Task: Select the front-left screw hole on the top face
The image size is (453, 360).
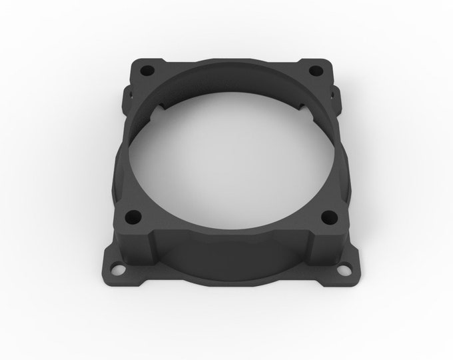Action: (133, 216)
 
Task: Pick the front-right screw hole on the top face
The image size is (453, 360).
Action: (328, 216)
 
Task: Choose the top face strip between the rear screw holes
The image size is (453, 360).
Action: (230, 61)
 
